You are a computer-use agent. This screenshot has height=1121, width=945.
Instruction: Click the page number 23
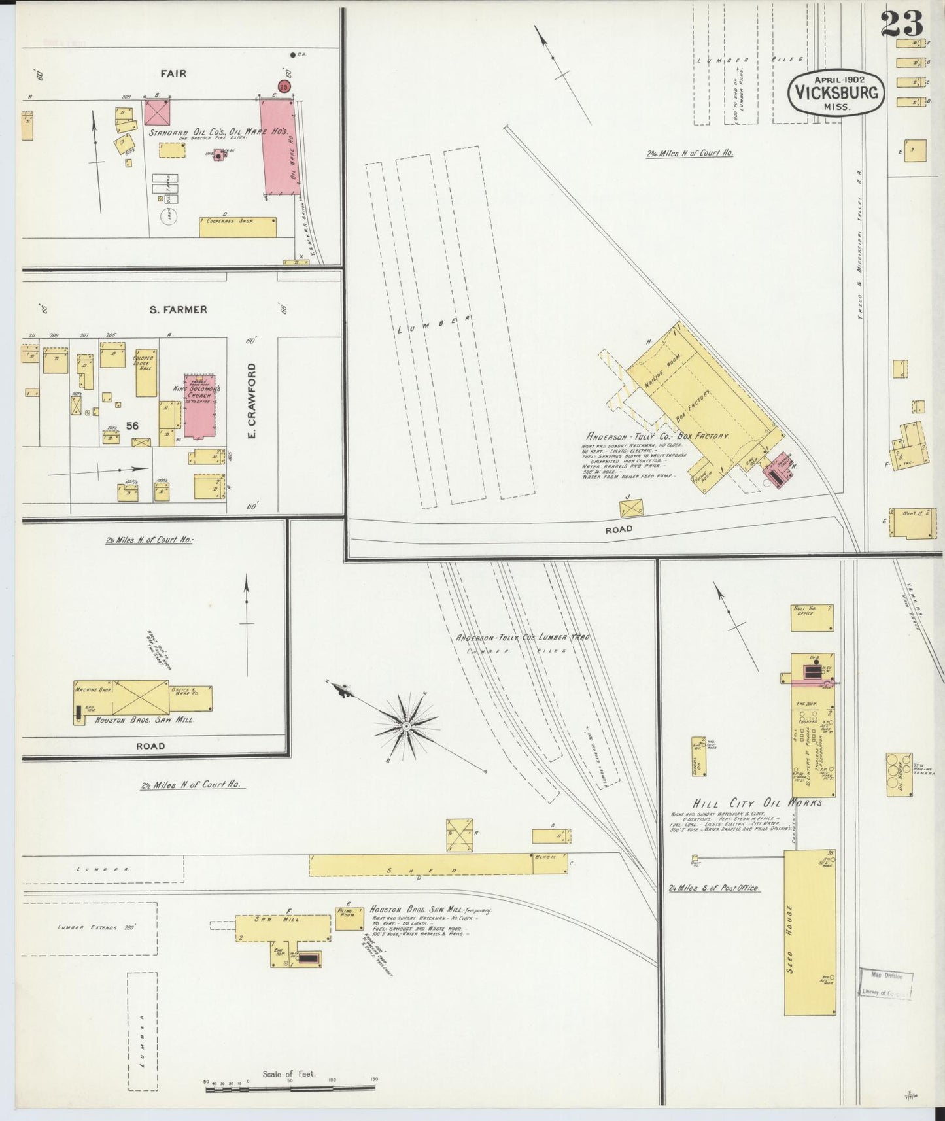[901, 24]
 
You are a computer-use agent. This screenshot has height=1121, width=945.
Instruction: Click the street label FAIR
[173, 73]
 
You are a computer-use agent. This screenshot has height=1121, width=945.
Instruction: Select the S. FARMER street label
[178, 309]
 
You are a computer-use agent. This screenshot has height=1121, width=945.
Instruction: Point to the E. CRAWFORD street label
[252, 401]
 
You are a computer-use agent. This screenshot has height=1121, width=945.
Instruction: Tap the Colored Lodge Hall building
[146, 373]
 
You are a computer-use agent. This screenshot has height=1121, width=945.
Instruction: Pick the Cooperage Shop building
[238, 226]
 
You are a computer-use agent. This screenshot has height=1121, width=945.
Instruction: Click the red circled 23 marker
[284, 86]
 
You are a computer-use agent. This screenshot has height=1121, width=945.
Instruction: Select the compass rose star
[406, 727]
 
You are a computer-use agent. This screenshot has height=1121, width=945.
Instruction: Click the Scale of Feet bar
[290, 1086]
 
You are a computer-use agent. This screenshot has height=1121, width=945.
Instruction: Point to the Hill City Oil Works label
[757, 802]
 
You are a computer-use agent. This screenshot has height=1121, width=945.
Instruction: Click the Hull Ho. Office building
[812, 617]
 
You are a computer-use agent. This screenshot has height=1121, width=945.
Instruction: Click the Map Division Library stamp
[886, 984]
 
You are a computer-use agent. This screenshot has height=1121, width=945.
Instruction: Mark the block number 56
[133, 425]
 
